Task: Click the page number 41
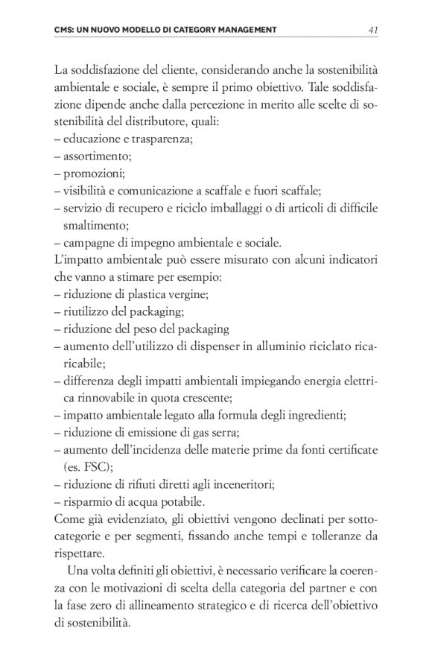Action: (x=373, y=29)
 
